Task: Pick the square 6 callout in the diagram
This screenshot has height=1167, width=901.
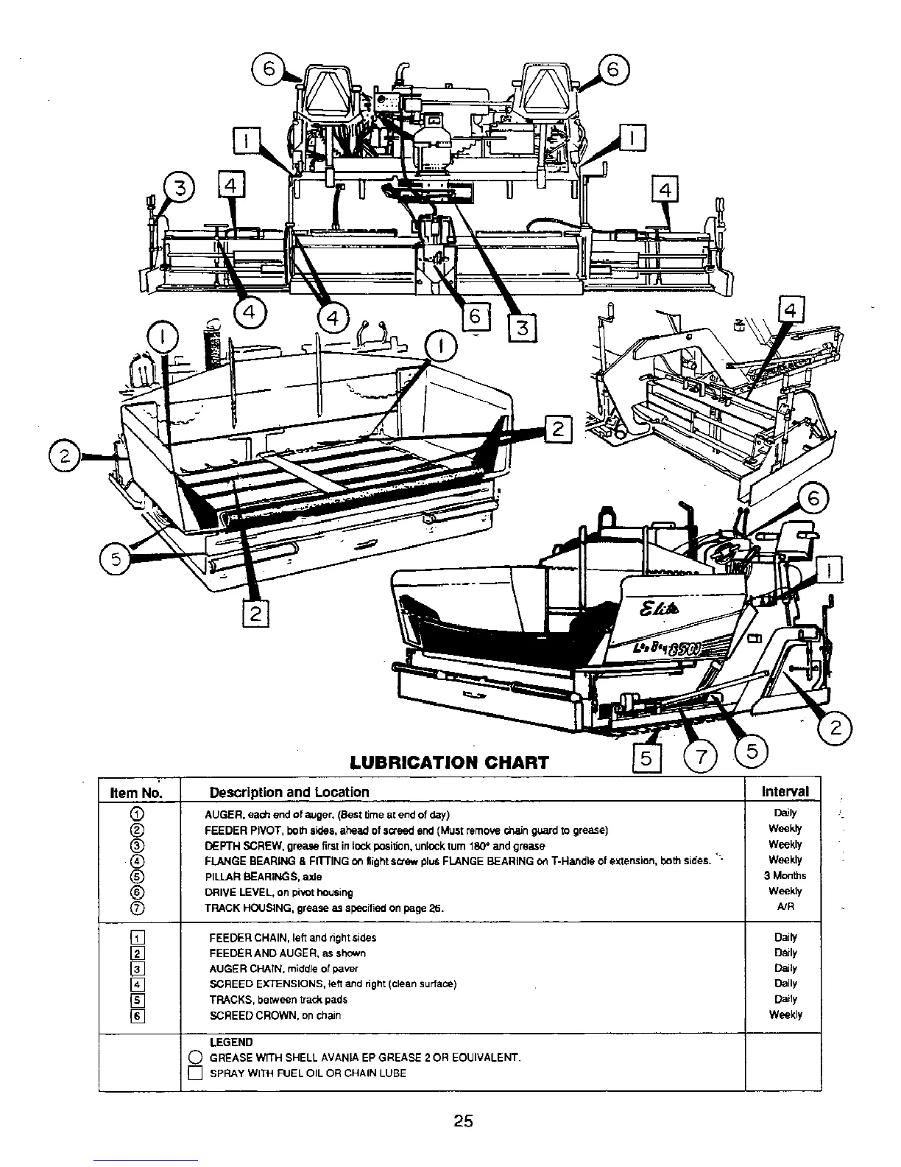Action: [474, 316]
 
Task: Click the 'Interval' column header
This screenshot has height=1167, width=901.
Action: [785, 791]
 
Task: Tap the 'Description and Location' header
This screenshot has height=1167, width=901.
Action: [289, 793]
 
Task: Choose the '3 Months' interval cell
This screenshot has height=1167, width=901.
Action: [785, 875]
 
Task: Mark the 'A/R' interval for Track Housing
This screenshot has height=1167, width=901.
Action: [785, 907]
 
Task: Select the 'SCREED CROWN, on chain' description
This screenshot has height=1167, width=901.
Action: [275, 1015]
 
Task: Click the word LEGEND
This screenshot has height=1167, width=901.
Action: [230, 1042]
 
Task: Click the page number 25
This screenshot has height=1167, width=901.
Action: [463, 1121]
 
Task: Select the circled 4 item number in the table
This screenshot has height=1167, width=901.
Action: [135, 861]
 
